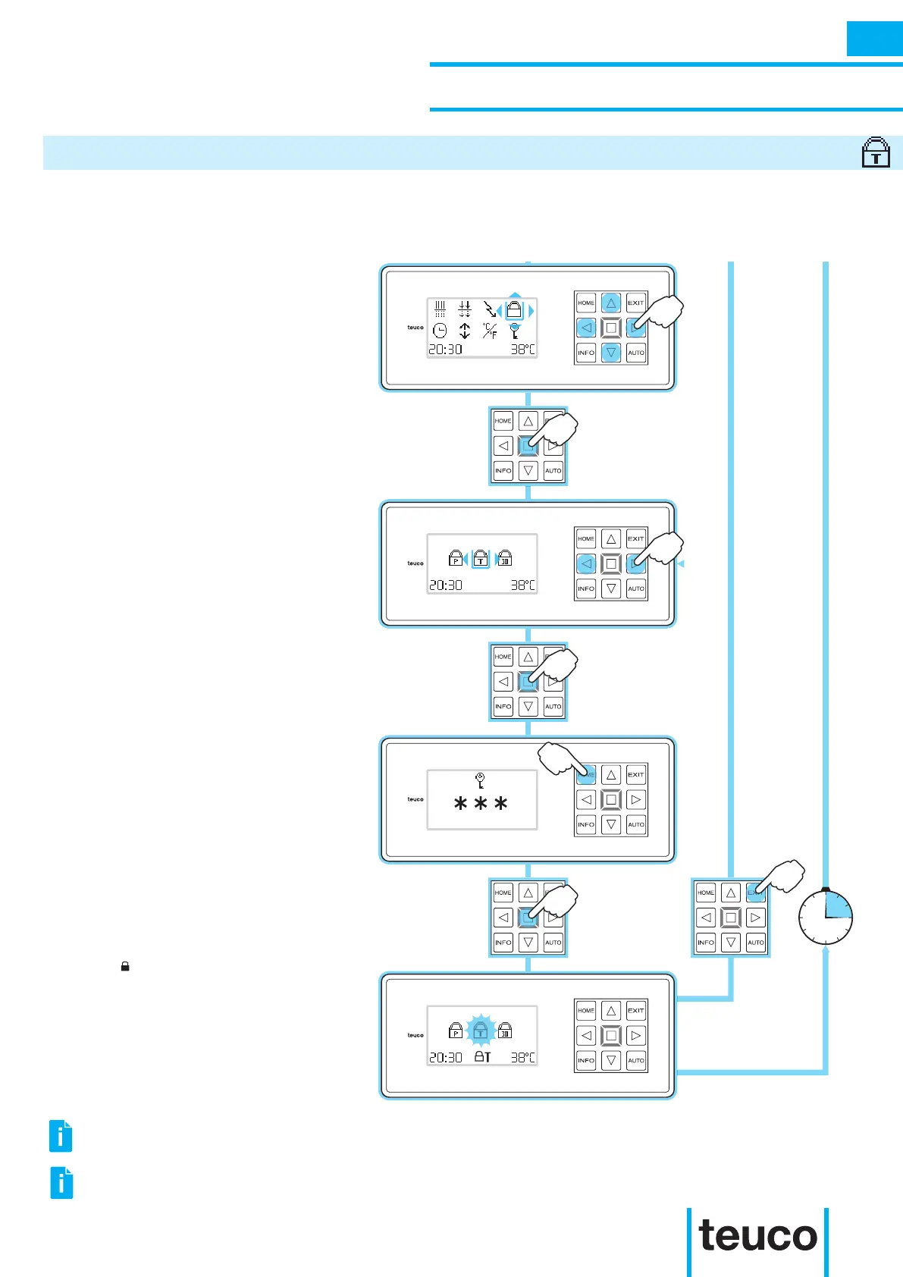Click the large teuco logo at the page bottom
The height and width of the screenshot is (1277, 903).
pos(757,1237)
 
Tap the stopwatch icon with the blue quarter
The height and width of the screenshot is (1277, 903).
pos(826,917)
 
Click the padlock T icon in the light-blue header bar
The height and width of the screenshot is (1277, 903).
pos(876,152)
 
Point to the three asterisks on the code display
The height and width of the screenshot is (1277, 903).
pos(481,805)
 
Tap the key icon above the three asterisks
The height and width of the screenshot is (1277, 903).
pos(480,780)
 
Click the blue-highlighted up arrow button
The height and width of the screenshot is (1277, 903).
pos(611,303)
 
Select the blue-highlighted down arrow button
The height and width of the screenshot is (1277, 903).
pos(611,353)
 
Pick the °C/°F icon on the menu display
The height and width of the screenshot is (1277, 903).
pos(491,331)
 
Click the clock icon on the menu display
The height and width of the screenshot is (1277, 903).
pos(440,331)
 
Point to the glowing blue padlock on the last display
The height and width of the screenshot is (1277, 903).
pos(480,1031)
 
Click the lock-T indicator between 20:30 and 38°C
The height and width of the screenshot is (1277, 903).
pos(482,1056)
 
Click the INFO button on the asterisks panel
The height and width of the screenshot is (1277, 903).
pos(586,824)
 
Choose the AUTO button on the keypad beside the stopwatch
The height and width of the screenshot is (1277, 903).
pos(756,943)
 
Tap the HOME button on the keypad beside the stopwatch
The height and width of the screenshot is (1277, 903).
pos(706,893)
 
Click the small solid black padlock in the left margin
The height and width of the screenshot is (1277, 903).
pos(125,967)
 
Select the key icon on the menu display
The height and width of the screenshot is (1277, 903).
pos(516,331)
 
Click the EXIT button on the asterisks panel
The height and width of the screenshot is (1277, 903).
pos(636,775)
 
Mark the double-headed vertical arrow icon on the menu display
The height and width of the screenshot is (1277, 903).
pos(465,331)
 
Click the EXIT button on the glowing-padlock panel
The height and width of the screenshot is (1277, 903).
pos(636,1011)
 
